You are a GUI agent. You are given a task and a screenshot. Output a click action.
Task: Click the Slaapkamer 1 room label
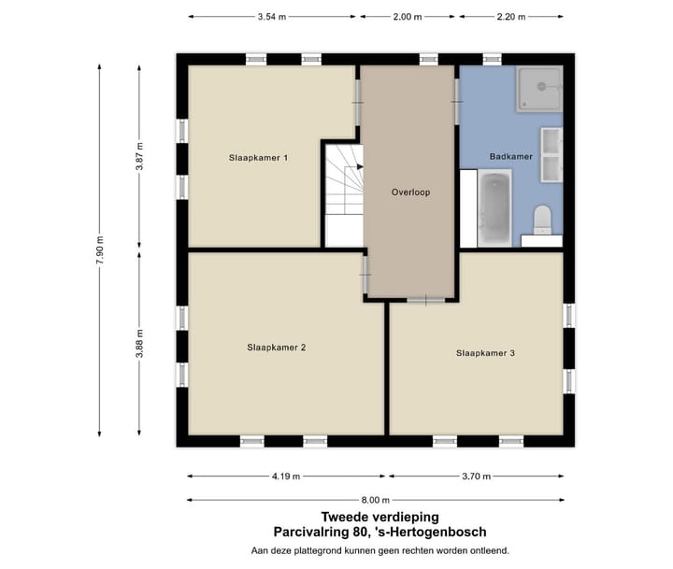point(258,158)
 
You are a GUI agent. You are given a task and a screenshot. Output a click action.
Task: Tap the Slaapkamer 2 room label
point(277,348)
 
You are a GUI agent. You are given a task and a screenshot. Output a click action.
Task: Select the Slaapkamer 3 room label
point(485,353)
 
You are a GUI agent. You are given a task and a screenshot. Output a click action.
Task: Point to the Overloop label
point(410,192)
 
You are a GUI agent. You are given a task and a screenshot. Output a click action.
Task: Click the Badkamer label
point(510,157)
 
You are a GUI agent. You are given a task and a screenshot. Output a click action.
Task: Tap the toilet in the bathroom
point(543,220)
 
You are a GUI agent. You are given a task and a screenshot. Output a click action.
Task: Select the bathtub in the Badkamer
point(494,208)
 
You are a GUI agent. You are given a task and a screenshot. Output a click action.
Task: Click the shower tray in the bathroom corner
point(539,89)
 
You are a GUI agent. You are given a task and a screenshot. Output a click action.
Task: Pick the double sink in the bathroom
point(551,154)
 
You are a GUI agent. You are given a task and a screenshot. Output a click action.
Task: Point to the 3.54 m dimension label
point(272,17)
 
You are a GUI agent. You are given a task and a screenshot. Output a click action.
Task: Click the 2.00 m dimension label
point(408,17)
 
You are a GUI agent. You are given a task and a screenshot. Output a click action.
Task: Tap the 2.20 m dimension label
point(511,17)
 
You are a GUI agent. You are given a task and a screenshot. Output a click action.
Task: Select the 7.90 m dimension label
point(100,250)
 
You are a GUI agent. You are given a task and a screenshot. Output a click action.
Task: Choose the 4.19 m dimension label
point(286,477)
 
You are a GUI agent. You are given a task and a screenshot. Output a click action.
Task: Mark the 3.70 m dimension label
point(477,477)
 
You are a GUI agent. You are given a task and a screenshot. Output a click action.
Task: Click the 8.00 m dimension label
point(376,500)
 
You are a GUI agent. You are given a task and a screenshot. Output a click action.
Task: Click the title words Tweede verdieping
point(379,517)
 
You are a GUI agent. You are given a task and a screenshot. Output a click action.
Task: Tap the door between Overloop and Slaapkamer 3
point(426,300)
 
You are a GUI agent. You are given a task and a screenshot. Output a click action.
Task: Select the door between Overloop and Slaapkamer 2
point(365,274)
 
